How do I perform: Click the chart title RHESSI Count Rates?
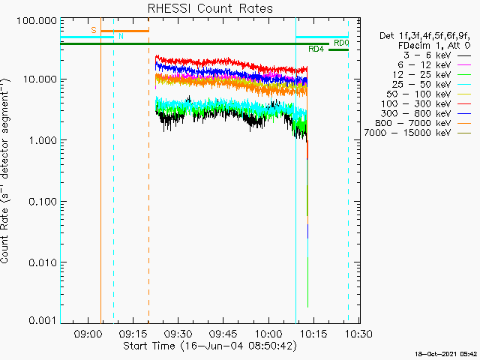click(x=210, y=9)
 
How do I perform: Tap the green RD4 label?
click(x=316, y=49)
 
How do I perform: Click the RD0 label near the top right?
click(x=340, y=43)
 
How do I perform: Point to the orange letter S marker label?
click(x=94, y=30)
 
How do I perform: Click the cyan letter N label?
click(x=118, y=36)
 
